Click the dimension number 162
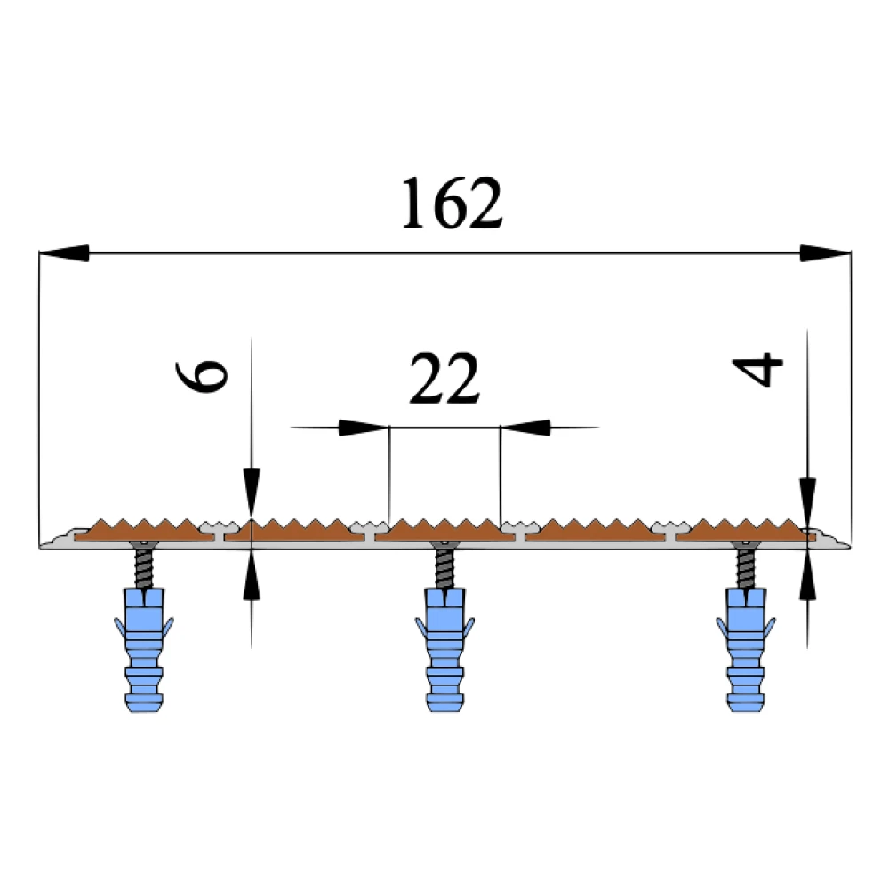452,203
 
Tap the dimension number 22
444,379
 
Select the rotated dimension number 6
202,376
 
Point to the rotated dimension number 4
757,369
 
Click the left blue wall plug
144,649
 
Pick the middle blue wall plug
445,649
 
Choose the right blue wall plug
746,649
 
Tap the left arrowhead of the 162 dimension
64,252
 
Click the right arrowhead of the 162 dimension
826,252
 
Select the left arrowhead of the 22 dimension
364,428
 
